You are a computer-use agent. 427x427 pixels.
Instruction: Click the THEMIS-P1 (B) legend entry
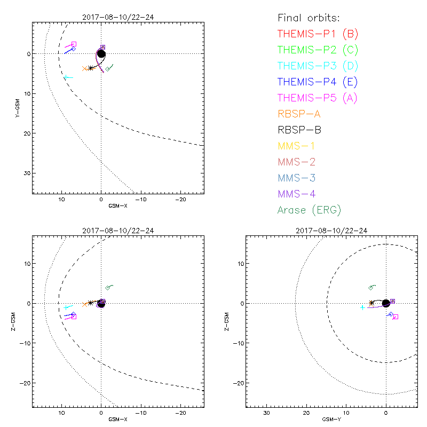point(318,34)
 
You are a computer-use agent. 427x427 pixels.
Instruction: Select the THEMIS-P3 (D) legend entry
point(318,66)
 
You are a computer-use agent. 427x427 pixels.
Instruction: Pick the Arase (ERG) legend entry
point(309,210)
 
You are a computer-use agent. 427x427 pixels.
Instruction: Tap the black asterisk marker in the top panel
point(91,68)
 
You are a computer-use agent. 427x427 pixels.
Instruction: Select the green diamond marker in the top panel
point(108,69)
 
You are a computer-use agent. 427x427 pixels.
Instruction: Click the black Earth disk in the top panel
point(101,54)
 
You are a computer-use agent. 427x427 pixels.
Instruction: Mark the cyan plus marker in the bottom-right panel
point(362,307)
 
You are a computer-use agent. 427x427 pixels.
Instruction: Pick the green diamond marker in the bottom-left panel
point(108,288)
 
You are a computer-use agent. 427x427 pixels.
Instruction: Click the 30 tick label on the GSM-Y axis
point(266,413)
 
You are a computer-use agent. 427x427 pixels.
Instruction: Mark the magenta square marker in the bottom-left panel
point(74,317)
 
